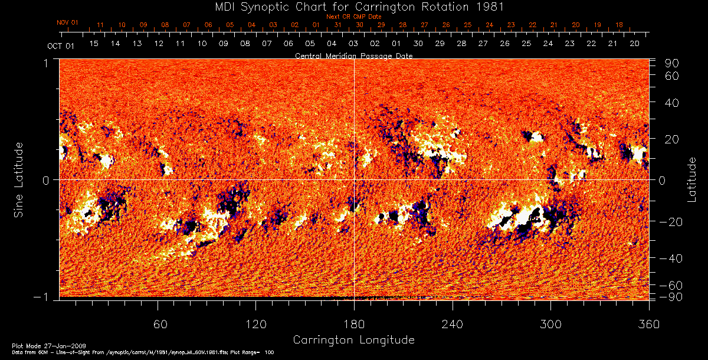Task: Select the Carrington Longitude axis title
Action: (x=353, y=340)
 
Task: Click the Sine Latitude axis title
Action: (x=18, y=179)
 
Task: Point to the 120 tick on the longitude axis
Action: (x=256, y=324)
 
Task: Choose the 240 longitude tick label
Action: (x=452, y=324)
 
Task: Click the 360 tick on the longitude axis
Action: (x=648, y=324)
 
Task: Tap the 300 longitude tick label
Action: (x=550, y=324)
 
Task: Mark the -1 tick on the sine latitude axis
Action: (x=43, y=297)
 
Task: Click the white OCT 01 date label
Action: (x=61, y=46)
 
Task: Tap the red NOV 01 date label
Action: (x=68, y=22)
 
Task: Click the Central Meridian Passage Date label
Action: (x=353, y=55)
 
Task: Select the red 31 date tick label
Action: (x=338, y=25)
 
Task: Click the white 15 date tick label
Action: (x=93, y=44)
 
